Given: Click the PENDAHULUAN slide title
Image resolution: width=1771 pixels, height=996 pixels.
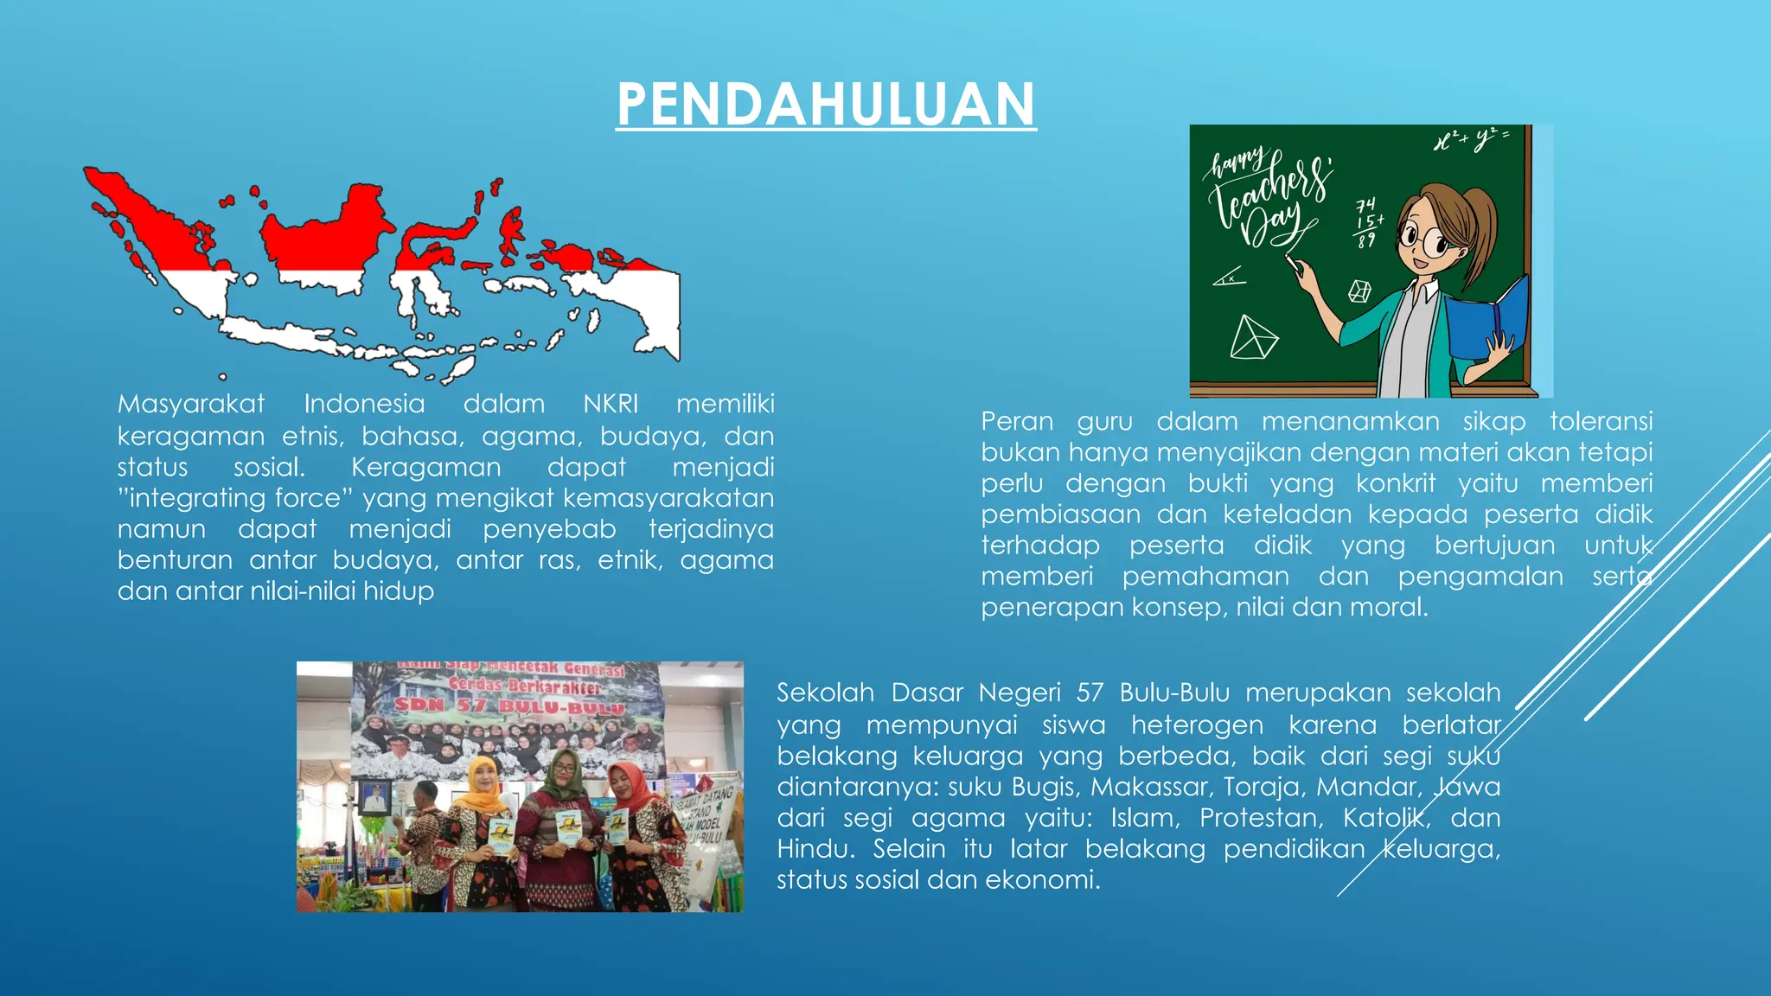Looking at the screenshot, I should pyautogui.click(x=826, y=104).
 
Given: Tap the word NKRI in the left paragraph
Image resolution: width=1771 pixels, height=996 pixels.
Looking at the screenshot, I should pyautogui.click(x=611, y=404).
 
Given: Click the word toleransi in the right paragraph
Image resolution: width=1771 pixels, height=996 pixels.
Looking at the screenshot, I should pyautogui.click(x=1601, y=421).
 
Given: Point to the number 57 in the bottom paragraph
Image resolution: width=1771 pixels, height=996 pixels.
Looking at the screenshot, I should pyautogui.click(x=1090, y=693).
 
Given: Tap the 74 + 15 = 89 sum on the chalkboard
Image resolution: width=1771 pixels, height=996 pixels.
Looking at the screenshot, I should pyautogui.click(x=1367, y=222).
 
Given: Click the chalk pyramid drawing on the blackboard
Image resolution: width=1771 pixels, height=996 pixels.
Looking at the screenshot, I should pyautogui.click(x=1252, y=338).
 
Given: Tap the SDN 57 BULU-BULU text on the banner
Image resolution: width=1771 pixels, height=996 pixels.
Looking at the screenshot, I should pyautogui.click(x=510, y=706).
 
